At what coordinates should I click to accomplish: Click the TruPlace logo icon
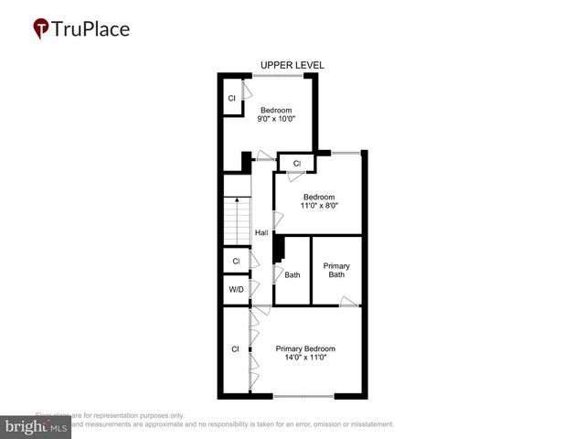(41, 29)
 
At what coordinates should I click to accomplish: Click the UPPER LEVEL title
(292, 65)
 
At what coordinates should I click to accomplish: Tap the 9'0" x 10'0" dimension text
(276, 118)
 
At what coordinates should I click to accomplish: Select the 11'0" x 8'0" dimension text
(319, 206)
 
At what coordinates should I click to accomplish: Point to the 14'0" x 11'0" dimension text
(305, 358)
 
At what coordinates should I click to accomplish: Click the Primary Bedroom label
(305, 348)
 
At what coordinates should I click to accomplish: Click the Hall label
(261, 231)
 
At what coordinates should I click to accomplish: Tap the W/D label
(236, 289)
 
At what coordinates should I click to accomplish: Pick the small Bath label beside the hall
(292, 274)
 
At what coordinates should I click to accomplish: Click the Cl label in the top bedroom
(232, 98)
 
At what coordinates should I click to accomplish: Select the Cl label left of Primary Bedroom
(235, 348)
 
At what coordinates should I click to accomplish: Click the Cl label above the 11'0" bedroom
(297, 164)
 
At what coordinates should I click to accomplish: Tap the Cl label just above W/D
(236, 261)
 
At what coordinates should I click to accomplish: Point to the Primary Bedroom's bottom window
(303, 396)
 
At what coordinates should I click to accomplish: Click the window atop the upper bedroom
(280, 75)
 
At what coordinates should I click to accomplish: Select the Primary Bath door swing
(348, 301)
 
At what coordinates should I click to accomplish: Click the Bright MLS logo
(36, 426)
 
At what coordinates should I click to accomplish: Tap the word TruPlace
(92, 28)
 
